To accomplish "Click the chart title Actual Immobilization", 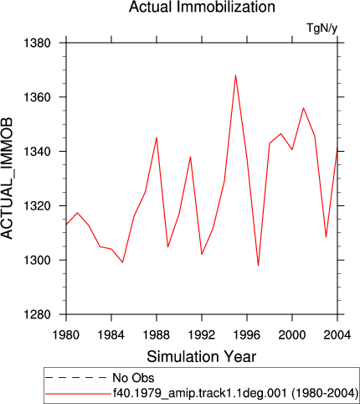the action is pyautogui.click(x=202, y=7).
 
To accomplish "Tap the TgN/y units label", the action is pyautogui.click(x=321, y=28).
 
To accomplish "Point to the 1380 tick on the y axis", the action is pyautogui.click(x=37, y=43).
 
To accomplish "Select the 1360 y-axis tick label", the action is pyautogui.click(x=37, y=97).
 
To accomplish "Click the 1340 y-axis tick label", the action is pyautogui.click(x=37, y=152).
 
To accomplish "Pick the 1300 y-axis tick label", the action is pyautogui.click(x=37, y=260).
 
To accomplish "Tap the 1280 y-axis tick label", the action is pyautogui.click(x=37, y=314).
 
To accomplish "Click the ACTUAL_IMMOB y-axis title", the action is pyautogui.click(x=7, y=179).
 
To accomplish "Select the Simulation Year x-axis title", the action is pyautogui.click(x=201, y=357).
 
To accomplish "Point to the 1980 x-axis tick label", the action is pyautogui.click(x=66, y=334).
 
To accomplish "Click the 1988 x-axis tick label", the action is pyautogui.click(x=157, y=334).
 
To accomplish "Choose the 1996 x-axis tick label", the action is pyautogui.click(x=247, y=334).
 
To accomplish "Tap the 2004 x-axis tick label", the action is pyautogui.click(x=337, y=334).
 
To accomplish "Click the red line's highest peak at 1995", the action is pyautogui.click(x=235, y=75).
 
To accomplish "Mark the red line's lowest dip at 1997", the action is pyautogui.click(x=259, y=266).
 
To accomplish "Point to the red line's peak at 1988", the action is pyautogui.click(x=157, y=137).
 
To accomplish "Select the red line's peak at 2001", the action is pyautogui.click(x=303, y=108).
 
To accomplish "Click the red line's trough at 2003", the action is pyautogui.click(x=326, y=237).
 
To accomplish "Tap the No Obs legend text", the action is pyautogui.click(x=133, y=378).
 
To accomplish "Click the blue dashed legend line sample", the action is pyautogui.click(x=75, y=378).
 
